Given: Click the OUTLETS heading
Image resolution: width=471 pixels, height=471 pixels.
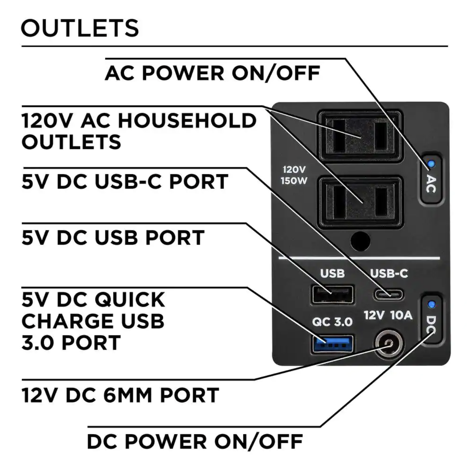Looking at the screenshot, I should pyautogui.click(x=80, y=28).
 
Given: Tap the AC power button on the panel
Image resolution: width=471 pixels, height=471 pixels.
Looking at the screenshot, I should pyautogui.click(x=430, y=179).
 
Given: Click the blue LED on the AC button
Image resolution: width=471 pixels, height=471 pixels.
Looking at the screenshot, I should pyautogui.click(x=431, y=164).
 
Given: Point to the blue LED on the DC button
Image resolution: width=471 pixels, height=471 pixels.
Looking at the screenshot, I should pyautogui.click(x=431, y=304).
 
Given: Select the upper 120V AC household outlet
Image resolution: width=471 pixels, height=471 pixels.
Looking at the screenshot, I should pyautogui.click(x=359, y=136).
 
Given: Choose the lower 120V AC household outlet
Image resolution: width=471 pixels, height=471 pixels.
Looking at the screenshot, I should pyautogui.click(x=359, y=202).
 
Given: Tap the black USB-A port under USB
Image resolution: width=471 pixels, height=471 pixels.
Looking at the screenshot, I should pyautogui.click(x=332, y=294).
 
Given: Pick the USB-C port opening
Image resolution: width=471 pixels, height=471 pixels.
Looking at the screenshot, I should pyautogui.click(x=388, y=294).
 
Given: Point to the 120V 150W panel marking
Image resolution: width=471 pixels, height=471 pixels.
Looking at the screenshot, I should pyautogui.click(x=294, y=175).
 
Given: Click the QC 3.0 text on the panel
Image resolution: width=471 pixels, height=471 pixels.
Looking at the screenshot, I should pyautogui.click(x=332, y=321).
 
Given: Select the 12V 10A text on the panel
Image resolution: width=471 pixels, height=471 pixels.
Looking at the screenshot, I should pyautogui.click(x=388, y=315).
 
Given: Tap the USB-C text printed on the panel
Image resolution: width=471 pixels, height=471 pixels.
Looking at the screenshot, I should pyautogui.click(x=389, y=273).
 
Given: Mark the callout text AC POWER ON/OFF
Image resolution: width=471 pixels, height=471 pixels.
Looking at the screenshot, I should pyautogui.click(x=213, y=73).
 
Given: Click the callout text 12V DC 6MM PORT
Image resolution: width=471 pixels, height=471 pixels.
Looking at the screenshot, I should pyautogui.click(x=120, y=395).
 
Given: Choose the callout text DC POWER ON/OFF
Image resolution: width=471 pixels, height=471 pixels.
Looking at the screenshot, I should pyautogui.click(x=195, y=441).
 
